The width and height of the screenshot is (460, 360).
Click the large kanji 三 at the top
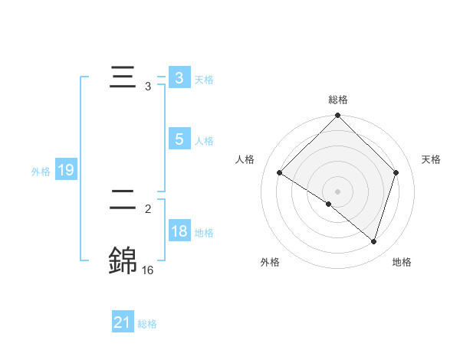tap(123, 78)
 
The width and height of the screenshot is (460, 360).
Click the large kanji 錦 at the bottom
tap(123, 260)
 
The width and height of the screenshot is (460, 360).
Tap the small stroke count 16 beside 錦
tap(147, 270)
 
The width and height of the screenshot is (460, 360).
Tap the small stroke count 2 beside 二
tap(147, 208)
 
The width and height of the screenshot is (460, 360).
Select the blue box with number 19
tap(65, 170)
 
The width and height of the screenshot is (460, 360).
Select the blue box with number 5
tap(179, 139)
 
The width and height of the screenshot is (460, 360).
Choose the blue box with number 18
tap(179, 231)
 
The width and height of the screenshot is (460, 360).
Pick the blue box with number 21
tap(122, 322)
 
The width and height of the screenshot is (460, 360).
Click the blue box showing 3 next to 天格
tap(179, 78)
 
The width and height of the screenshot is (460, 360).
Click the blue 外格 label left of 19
tap(41, 172)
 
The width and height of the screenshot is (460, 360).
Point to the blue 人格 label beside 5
tap(204, 141)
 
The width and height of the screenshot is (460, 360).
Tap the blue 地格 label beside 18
tap(204, 233)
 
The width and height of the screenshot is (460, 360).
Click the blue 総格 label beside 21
tap(147, 324)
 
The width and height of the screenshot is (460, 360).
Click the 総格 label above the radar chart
tap(337, 100)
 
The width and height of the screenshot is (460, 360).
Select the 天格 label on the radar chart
tap(431, 159)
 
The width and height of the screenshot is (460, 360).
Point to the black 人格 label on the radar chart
tap(245, 159)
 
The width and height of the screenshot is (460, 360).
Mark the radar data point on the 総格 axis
tap(337, 116)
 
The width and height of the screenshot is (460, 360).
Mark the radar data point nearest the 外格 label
tap(329, 205)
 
